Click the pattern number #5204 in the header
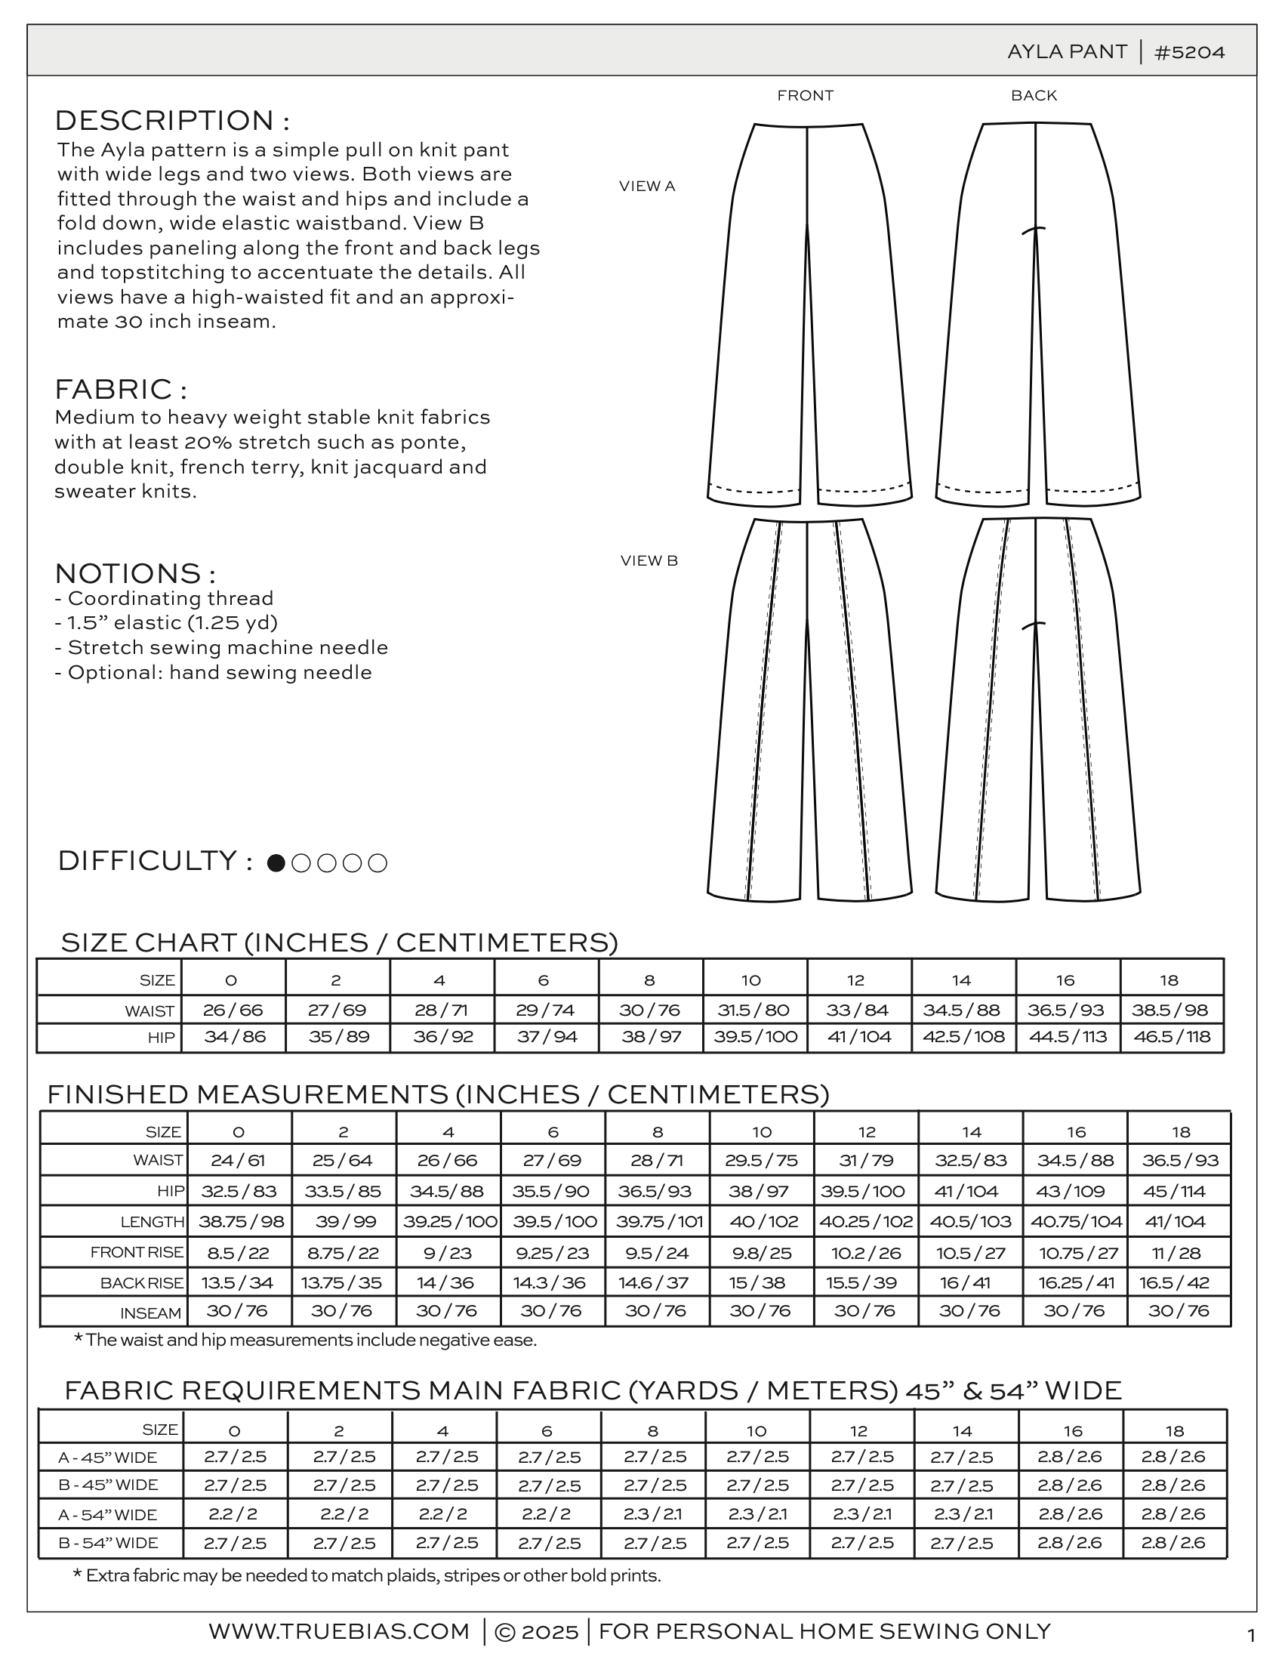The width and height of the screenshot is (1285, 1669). pyautogui.click(x=1190, y=52)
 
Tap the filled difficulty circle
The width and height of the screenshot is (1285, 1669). pyautogui.click(x=276, y=862)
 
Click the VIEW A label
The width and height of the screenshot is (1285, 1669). pyautogui.click(x=647, y=186)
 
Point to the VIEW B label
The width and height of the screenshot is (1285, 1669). pyautogui.click(x=649, y=560)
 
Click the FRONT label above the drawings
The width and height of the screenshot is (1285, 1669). pyautogui.click(x=806, y=95)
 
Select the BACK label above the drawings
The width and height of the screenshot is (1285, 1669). pyautogui.click(x=1034, y=95)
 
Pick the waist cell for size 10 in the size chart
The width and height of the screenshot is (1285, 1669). pyautogui.click(x=754, y=1010)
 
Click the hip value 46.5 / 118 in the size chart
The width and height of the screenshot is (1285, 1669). pyautogui.click(x=1172, y=1037)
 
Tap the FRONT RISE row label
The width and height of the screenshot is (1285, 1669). pyautogui.click(x=137, y=1252)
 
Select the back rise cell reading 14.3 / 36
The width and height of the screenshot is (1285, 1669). pyautogui.click(x=553, y=1282)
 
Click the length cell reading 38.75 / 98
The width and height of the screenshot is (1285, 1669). pyautogui.click(x=241, y=1221)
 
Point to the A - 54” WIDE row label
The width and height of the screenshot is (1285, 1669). pyautogui.click(x=108, y=1515)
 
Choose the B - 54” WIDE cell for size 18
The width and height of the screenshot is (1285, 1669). pyautogui.click(x=1174, y=1543)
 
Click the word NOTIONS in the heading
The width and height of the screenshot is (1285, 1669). pyautogui.click(x=128, y=573)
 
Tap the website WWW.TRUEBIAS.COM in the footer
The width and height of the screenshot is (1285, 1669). pyautogui.click(x=339, y=1630)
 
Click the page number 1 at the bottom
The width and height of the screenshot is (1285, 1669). pyautogui.click(x=1250, y=1635)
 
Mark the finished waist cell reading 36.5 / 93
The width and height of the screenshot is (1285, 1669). pyautogui.click(x=1180, y=1160)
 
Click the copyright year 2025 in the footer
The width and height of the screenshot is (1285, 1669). pyautogui.click(x=550, y=1631)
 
